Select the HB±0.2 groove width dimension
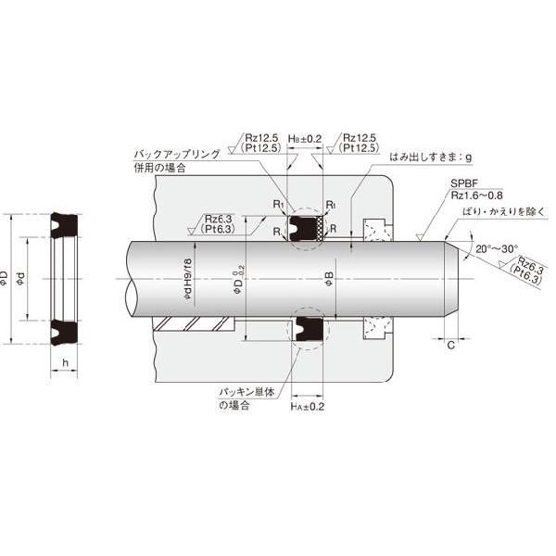tap(306, 138)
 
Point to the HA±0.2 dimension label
tap(306, 406)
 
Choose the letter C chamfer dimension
tap(450, 346)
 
